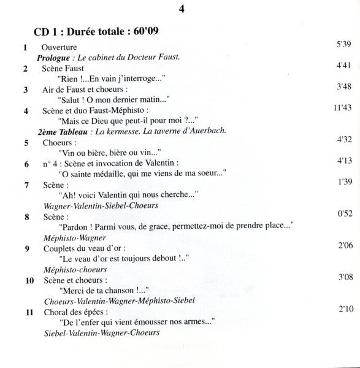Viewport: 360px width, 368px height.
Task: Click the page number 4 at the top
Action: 182,9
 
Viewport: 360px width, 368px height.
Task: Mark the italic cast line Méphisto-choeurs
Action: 74,269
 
